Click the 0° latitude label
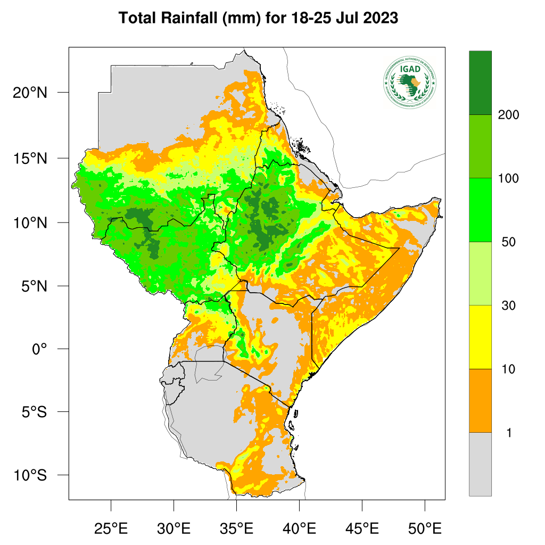(39, 349)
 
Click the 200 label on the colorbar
(509, 115)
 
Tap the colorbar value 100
(509, 178)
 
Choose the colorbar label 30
(509, 305)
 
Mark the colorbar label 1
(509, 433)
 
